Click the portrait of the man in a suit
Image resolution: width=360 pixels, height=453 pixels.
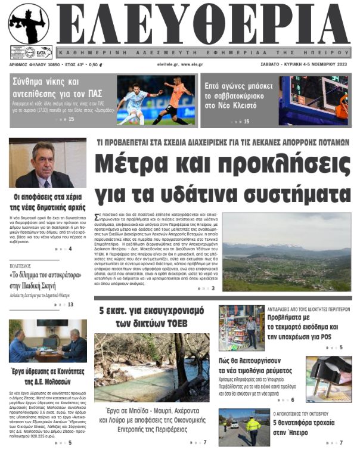(x=48, y=163)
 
